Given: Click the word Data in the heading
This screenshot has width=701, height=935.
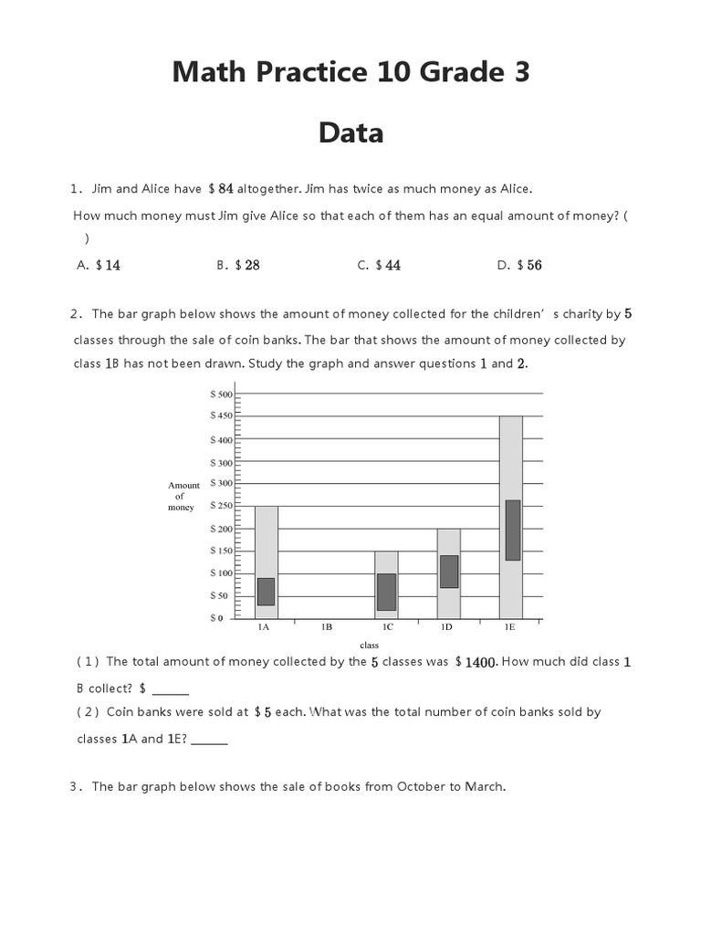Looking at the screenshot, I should [x=351, y=133].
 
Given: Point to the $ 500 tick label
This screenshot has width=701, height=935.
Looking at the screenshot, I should [x=222, y=394].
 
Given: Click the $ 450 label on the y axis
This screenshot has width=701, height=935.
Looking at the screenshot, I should [x=222, y=415].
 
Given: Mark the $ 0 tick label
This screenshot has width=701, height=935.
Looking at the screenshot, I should [x=216, y=618].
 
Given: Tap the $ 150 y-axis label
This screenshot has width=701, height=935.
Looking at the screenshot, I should [x=222, y=551].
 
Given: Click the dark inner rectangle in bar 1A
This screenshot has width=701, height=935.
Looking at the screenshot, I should [x=266, y=592].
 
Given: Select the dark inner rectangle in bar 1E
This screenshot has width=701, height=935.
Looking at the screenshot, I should [x=512, y=530].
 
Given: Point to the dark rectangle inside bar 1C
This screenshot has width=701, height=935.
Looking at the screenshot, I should [x=386, y=592].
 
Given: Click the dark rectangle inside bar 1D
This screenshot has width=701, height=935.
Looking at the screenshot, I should [x=448, y=572].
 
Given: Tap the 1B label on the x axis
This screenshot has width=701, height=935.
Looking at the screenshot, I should [x=326, y=628].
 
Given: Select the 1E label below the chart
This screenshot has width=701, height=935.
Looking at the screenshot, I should [x=509, y=628].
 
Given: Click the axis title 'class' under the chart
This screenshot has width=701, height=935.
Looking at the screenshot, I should [x=369, y=645].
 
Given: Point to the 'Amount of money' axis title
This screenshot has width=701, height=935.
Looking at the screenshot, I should [x=183, y=496].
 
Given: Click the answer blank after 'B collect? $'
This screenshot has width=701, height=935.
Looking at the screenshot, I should [x=171, y=690].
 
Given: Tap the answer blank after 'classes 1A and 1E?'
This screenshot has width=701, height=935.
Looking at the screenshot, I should [x=210, y=741].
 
